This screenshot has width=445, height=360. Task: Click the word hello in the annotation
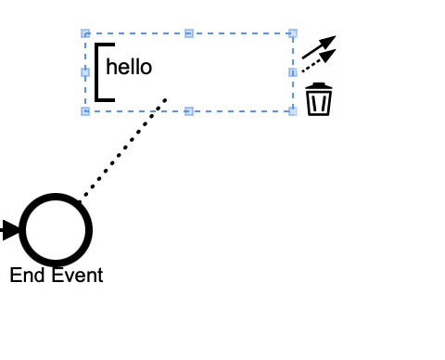coord(129,67)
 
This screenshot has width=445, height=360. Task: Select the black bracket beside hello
coord(97,72)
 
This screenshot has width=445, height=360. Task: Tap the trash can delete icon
coord(319,99)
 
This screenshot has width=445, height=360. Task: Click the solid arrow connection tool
coord(319,47)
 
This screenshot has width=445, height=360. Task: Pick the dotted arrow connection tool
coord(319,61)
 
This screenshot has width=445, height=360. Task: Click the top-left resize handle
coord(85,33)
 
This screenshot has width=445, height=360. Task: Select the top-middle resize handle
coord(189,33)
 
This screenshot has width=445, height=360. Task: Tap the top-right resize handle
coord(293,33)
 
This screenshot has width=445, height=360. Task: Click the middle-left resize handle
coord(85,72)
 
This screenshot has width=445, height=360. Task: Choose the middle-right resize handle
coord(293,72)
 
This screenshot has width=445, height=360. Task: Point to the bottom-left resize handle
coord(85,111)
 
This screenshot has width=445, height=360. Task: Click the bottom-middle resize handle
coord(189,111)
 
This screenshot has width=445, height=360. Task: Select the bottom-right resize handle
coord(293,111)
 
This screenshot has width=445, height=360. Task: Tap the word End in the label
coord(27,275)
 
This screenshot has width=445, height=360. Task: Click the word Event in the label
coord(77,275)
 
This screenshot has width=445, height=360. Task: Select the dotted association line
coord(122,151)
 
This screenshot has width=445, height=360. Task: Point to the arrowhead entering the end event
coord(11,230)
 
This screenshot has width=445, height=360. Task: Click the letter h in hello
coord(110,67)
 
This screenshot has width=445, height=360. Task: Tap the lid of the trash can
coord(319,85)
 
